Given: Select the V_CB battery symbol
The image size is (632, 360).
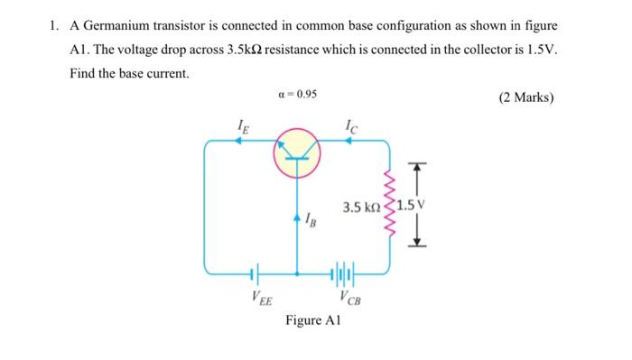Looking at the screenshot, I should (x=344, y=271).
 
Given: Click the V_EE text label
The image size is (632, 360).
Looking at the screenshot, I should (x=256, y=297).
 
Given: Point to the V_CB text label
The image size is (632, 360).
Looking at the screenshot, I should (x=347, y=297).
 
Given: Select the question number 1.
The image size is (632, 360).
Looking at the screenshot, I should (x=54, y=25).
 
